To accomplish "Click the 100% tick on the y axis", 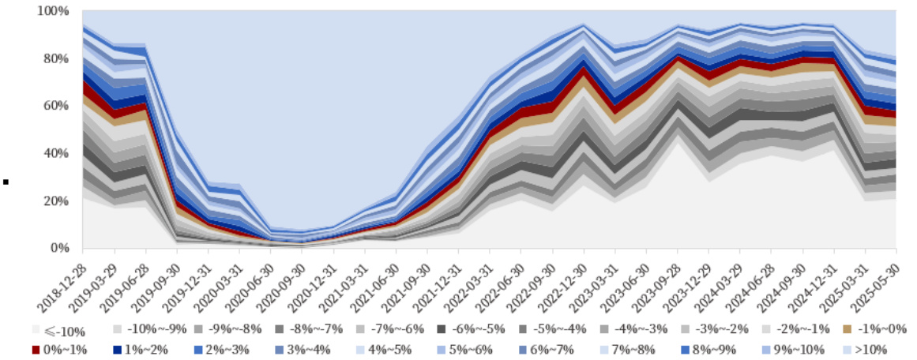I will tap(53, 11).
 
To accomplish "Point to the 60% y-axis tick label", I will tap(56, 106).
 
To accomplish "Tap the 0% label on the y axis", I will tap(60, 248).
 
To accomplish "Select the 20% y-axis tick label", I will tap(56, 201).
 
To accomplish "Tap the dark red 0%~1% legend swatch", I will tap(36, 349).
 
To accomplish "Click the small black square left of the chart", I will tap(6, 183).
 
